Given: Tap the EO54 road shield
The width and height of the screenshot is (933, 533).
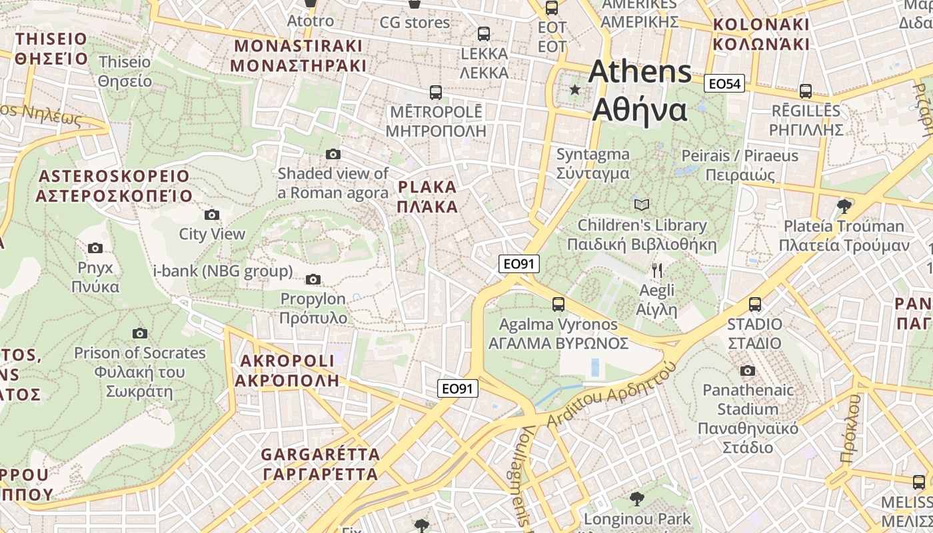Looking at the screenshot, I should [x=724, y=83].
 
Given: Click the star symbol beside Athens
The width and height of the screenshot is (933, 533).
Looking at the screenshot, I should [x=574, y=89].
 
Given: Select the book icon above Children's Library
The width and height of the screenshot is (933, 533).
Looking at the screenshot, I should [x=642, y=205].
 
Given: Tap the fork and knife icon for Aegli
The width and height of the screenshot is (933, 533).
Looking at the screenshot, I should [x=657, y=270].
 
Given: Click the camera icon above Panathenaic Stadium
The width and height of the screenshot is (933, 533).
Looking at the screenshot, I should [x=748, y=370].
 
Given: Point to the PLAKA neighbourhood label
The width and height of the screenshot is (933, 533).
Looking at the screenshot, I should [x=427, y=197].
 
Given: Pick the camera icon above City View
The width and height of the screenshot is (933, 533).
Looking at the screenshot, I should [x=212, y=215].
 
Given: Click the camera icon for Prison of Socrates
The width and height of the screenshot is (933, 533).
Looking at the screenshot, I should [x=139, y=333].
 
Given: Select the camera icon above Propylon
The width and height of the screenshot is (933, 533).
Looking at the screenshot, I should [x=313, y=279].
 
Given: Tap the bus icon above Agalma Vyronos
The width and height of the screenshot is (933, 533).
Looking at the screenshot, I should [x=558, y=304].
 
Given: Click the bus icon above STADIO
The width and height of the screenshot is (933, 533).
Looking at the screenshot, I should [x=755, y=304].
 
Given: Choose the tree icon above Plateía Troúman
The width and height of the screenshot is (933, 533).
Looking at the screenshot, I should [x=844, y=205].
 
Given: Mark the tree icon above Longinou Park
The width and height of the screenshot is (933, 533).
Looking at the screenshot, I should [x=637, y=498].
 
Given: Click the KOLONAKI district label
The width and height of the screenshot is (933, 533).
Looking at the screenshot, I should [x=761, y=35].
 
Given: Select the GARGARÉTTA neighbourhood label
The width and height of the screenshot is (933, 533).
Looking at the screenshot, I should [x=320, y=464].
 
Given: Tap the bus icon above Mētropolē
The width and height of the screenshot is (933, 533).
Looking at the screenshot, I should [x=436, y=92].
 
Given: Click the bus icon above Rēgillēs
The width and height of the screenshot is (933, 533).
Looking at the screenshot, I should [x=806, y=91].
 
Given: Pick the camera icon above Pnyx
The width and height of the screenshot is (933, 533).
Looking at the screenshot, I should [x=95, y=248].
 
